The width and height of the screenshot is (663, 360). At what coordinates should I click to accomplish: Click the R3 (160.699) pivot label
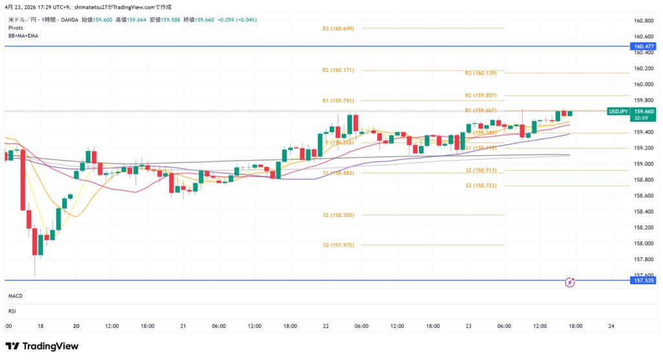tap(338, 28)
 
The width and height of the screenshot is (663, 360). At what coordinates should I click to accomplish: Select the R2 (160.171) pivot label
tap(338, 70)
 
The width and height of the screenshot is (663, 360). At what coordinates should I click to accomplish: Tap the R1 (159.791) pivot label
tap(338, 101)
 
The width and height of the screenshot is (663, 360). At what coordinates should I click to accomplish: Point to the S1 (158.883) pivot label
tap(338, 173)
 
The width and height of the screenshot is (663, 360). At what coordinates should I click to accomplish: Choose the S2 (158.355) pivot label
tap(338, 215)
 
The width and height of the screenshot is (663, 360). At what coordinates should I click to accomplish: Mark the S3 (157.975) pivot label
tap(338, 245)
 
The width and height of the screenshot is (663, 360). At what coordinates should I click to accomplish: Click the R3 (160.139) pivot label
tap(480, 73)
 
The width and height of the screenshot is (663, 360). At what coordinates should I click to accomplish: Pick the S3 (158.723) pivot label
tap(480, 186)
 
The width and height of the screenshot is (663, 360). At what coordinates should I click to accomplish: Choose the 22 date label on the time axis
tap(326, 326)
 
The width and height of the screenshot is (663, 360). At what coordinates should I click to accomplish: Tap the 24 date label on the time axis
tap(611, 326)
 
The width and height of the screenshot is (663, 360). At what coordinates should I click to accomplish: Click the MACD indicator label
tap(16, 296)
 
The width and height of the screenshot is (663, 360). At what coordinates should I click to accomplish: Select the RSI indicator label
tap(12, 311)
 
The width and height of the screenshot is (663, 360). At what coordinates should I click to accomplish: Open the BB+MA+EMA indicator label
tap(23, 36)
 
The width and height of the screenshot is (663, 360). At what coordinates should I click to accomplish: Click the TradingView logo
tap(41, 346)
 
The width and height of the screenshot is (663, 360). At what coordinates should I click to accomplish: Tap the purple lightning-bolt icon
tap(570, 282)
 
